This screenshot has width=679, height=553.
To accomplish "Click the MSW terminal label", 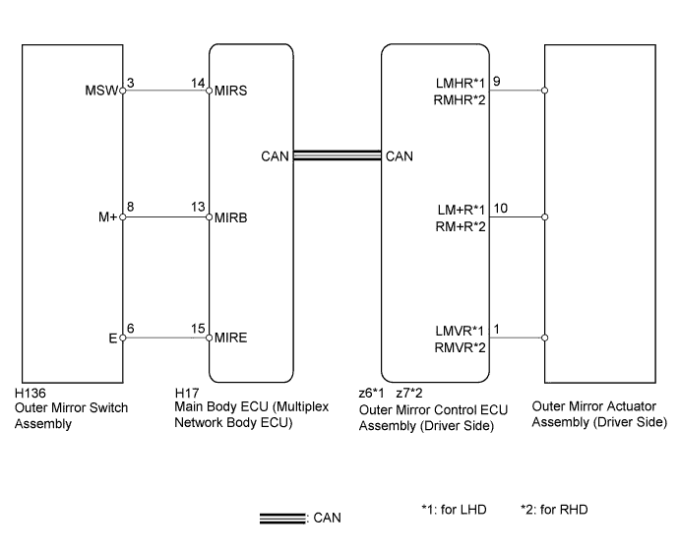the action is pyautogui.click(x=101, y=91).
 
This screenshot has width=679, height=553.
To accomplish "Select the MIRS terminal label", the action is pyautogui.click(x=231, y=91).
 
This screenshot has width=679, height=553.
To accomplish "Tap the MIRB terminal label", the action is pyautogui.click(x=231, y=217).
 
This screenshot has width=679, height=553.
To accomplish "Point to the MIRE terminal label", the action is pyautogui.click(x=231, y=338).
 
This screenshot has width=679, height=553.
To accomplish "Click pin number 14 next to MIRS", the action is pyautogui.click(x=198, y=83).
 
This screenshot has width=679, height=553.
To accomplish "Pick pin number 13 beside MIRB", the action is pyautogui.click(x=198, y=207).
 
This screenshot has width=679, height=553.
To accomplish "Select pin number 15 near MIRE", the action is pyautogui.click(x=198, y=329).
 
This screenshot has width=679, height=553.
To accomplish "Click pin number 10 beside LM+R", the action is pyautogui.click(x=500, y=209).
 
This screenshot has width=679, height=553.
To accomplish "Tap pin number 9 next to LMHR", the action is pyautogui.click(x=497, y=82).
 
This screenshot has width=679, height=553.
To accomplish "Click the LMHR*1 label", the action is pyautogui.click(x=461, y=83).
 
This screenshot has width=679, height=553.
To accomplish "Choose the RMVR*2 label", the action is pyautogui.click(x=460, y=347).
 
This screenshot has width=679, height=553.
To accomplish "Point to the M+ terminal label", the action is pyautogui.click(x=108, y=216).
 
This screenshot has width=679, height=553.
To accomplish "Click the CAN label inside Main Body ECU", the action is pyautogui.click(x=275, y=156).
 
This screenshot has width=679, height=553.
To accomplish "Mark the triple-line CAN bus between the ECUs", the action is pyautogui.click(x=338, y=155).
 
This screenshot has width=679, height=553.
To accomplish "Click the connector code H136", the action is pyautogui.click(x=31, y=394).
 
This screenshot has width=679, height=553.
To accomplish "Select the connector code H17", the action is pyautogui.click(x=187, y=394).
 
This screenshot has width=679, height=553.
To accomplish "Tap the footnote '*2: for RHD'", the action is pyautogui.click(x=554, y=510).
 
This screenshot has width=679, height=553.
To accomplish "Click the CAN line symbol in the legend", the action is pyautogui.click(x=282, y=519).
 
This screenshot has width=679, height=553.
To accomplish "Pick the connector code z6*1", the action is pyautogui.click(x=371, y=394).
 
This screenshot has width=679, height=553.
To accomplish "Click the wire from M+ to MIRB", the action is pyautogui.click(x=166, y=216).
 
